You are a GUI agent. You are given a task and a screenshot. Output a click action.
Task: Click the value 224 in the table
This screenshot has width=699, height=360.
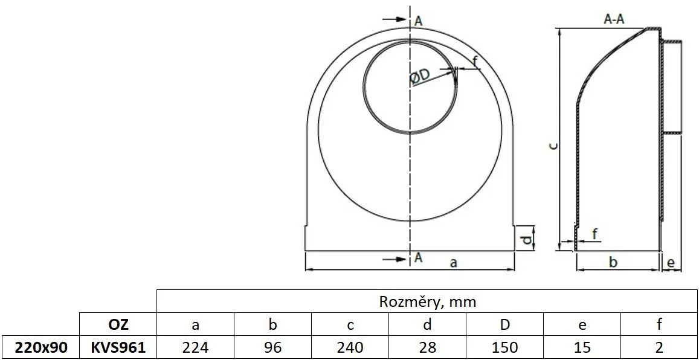point(195,347)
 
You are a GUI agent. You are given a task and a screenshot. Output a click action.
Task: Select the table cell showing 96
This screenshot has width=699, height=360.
point(272,347)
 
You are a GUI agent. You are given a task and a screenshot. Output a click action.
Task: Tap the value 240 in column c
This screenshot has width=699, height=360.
point(350,347)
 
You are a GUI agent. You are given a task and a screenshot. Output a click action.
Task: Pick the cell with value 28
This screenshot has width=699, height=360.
point(427,347)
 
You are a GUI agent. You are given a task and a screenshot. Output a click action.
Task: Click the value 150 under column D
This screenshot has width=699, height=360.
point(504,347)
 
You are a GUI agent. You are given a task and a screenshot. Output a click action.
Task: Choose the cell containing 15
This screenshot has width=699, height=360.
point(582,347)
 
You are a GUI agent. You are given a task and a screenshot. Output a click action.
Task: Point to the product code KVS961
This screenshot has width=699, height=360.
point(118,347)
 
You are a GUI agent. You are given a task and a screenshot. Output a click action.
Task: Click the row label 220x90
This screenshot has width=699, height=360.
point(40,347)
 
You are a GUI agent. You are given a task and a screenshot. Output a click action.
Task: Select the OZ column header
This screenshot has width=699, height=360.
point(118,324)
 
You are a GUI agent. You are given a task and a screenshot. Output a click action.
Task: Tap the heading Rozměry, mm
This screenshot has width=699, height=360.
point(427,301)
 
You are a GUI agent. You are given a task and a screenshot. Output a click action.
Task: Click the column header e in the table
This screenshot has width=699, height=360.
point(582,324)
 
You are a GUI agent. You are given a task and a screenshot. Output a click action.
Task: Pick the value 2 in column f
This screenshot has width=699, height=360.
point(659,347)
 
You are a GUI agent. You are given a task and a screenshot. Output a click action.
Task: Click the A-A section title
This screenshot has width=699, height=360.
point(614,20)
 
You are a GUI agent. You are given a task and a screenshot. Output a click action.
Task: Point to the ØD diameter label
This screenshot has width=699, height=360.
point(419,76)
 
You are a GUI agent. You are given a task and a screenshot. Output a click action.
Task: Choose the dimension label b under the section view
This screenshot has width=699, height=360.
point(613,262)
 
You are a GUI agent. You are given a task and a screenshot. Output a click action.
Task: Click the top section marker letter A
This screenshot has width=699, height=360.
point(418,21)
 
